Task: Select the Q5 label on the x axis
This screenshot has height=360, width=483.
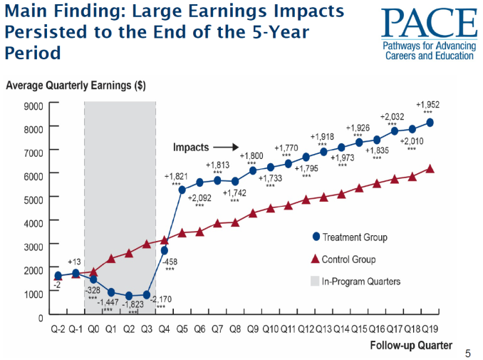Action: click(182, 329)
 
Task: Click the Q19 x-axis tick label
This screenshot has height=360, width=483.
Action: click(430, 329)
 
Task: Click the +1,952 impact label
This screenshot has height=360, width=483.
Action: click(427, 104)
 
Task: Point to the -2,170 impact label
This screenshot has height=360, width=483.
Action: click(161, 299)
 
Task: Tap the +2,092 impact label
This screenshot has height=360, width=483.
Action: click(200, 197)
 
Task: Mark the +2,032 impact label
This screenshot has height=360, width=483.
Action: click(393, 116)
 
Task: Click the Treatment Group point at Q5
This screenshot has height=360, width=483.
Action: click(182, 190)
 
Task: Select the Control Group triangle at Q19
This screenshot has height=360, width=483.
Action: click(430, 168)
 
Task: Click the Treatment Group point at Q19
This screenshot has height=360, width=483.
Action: click(430, 122)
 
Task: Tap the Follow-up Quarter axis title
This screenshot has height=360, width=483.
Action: click(411, 346)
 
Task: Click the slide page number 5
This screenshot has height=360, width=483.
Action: click(467, 351)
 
